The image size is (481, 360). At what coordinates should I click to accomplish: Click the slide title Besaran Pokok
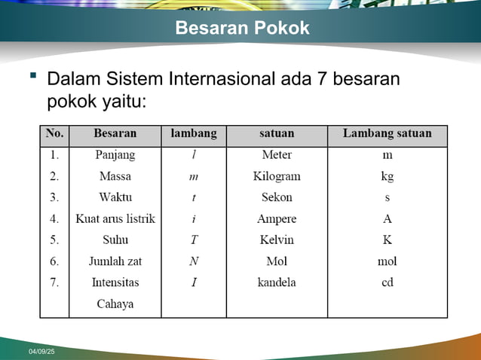click(x=242, y=29)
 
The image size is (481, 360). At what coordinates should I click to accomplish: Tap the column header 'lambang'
click(x=193, y=134)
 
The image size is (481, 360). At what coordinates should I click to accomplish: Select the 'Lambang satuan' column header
click(x=387, y=134)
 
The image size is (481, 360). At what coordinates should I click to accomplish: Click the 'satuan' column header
click(x=277, y=134)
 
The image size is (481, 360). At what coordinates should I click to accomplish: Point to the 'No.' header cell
click(x=54, y=134)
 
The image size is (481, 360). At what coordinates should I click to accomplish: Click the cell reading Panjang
click(x=115, y=155)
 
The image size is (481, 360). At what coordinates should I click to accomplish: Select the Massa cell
click(x=115, y=176)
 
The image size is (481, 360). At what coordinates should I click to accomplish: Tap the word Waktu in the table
click(x=115, y=197)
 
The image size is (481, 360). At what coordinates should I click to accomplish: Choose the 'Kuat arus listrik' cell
click(x=115, y=218)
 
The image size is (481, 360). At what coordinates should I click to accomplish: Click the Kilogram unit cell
click(x=277, y=176)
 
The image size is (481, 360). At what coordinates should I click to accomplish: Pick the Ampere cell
click(x=277, y=218)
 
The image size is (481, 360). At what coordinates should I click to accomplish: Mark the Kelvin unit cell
click(x=277, y=239)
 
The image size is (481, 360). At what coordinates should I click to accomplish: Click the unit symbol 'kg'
click(x=387, y=177)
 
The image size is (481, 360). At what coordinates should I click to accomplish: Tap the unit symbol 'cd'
click(x=387, y=282)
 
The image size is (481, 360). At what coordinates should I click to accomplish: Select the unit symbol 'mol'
click(x=387, y=261)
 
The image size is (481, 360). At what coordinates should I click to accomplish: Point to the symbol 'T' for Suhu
click(x=194, y=239)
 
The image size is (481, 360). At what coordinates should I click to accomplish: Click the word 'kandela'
click(x=277, y=282)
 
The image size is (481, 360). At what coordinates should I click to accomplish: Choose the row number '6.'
click(x=54, y=261)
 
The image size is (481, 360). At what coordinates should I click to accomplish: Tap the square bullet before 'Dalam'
click(x=32, y=75)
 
